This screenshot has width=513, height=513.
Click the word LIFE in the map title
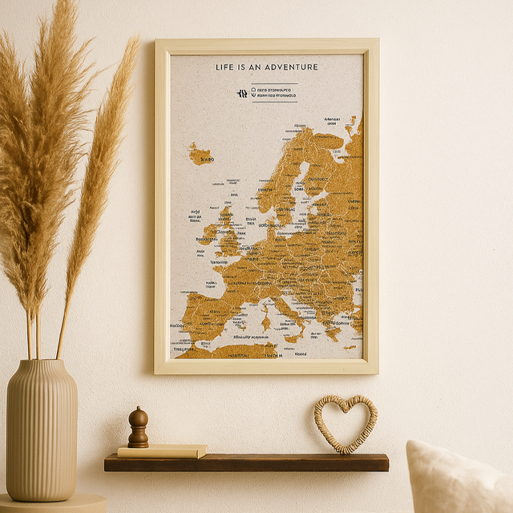click(224, 67)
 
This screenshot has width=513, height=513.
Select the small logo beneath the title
click(242, 93)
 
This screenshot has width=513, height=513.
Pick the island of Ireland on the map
click(210, 233)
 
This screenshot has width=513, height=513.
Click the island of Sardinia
click(265, 323)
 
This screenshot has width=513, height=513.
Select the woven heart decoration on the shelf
click(345, 423)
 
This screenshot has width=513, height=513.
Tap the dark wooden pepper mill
click(138, 429)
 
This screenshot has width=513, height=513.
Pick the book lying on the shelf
click(163, 451)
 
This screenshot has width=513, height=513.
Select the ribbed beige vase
click(42, 433)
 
